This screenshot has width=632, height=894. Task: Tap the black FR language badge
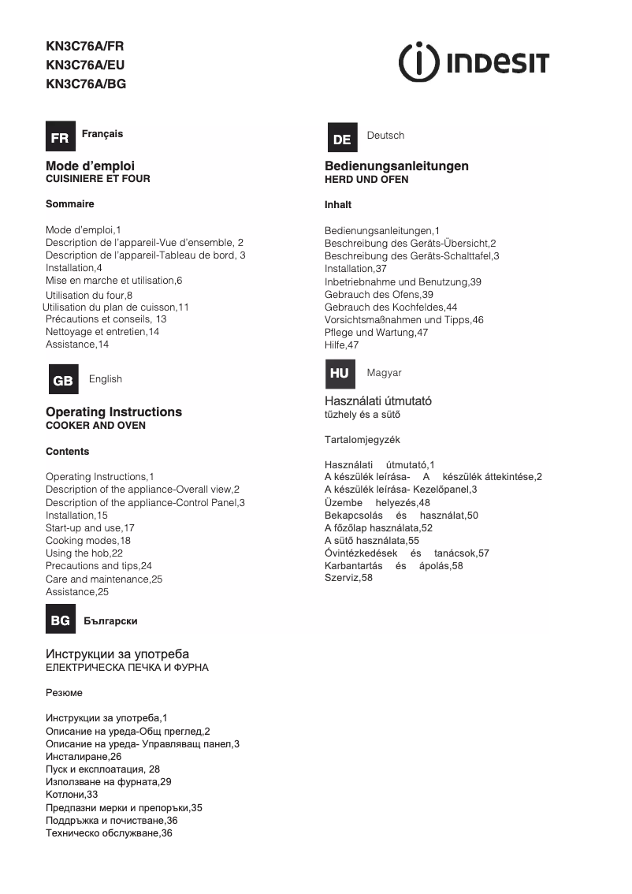pyautogui.click(x=60, y=137)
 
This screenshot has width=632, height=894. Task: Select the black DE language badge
pyautogui.click(x=341, y=139)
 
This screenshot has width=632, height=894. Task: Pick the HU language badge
pyautogui.click(x=340, y=374)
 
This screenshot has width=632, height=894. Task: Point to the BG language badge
pyautogui.click(x=60, y=620)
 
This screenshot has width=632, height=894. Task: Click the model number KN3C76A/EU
pyautogui.click(x=85, y=65)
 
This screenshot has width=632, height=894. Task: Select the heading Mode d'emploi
pyautogui.click(x=90, y=166)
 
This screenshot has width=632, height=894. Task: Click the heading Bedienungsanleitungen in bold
pyautogui.click(x=396, y=166)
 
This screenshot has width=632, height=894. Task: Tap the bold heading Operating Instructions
pyautogui.click(x=113, y=412)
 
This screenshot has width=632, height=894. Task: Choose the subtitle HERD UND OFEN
pyautogui.click(x=366, y=180)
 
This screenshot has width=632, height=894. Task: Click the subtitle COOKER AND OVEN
pyautogui.click(x=95, y=426)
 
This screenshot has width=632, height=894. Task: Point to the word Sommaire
pyautogui.click(x=69, y=204)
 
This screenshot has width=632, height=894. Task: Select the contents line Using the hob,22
pyautogui.click(x=84, y=553)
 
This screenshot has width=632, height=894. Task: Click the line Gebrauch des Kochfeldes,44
pyautogui.click(x=391, y=307)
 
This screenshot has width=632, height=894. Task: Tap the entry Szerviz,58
pyautogui.click(x=348, y=578)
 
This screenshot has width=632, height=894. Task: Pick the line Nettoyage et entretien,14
pyautogui.click(x=102, y=332)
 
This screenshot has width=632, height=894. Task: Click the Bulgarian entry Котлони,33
pyautogui.click(x=72, y=795)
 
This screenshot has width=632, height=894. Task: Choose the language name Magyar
pyautogui.click(x=384, y=372)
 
